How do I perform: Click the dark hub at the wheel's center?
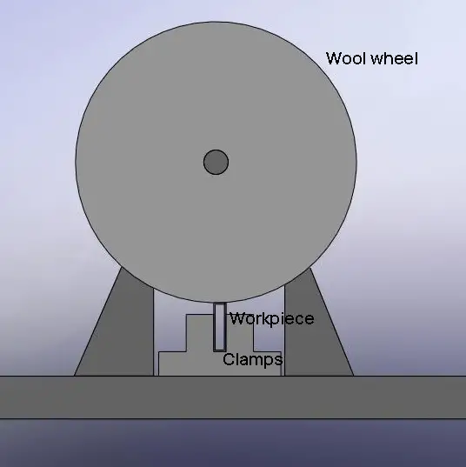click(216, 162)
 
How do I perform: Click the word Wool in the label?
click(347, 58)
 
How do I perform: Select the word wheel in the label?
click(395, 58)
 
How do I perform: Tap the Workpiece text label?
click(271, 319)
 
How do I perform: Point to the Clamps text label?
click(252, 359)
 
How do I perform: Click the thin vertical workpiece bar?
click(219, 327)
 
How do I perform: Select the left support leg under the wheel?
click(119, 324)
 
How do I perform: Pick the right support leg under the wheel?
click(316, 324)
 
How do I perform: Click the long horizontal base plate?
click(233, 397)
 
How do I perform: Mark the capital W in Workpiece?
click(236, 318)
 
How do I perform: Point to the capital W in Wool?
click(334, 58)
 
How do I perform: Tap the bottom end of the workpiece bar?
click(219, 350)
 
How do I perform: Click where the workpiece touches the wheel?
click(219, 303)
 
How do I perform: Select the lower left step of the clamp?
click(172, 364)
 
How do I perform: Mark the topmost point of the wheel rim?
click(216, 22)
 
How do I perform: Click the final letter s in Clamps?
click(278, 360)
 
